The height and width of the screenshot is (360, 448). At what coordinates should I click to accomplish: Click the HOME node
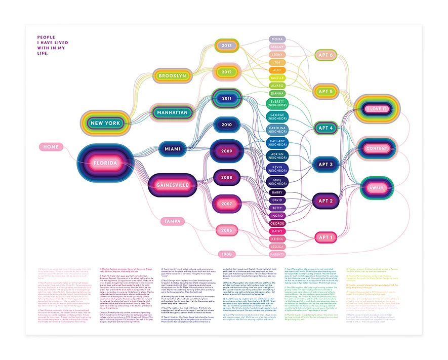51,147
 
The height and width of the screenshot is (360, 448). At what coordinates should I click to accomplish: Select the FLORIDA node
105,164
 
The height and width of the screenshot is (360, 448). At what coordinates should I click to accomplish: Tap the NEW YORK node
105,123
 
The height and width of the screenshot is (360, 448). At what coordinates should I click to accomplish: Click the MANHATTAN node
173,112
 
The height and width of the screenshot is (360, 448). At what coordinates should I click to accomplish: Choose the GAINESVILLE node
172,185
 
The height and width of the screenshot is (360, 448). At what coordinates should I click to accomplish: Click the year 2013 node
226,46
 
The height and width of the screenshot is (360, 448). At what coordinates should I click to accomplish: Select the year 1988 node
226,253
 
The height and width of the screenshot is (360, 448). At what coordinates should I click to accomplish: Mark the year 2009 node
226,150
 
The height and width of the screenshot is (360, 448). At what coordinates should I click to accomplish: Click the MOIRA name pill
277,38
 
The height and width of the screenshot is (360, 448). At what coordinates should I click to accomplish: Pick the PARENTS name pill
277,254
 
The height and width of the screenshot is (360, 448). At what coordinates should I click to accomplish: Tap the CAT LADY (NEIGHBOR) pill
277,143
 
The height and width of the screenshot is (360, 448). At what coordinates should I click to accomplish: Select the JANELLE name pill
277,78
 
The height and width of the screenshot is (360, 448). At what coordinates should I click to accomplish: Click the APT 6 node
325,55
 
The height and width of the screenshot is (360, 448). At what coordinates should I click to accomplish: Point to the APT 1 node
325,237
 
